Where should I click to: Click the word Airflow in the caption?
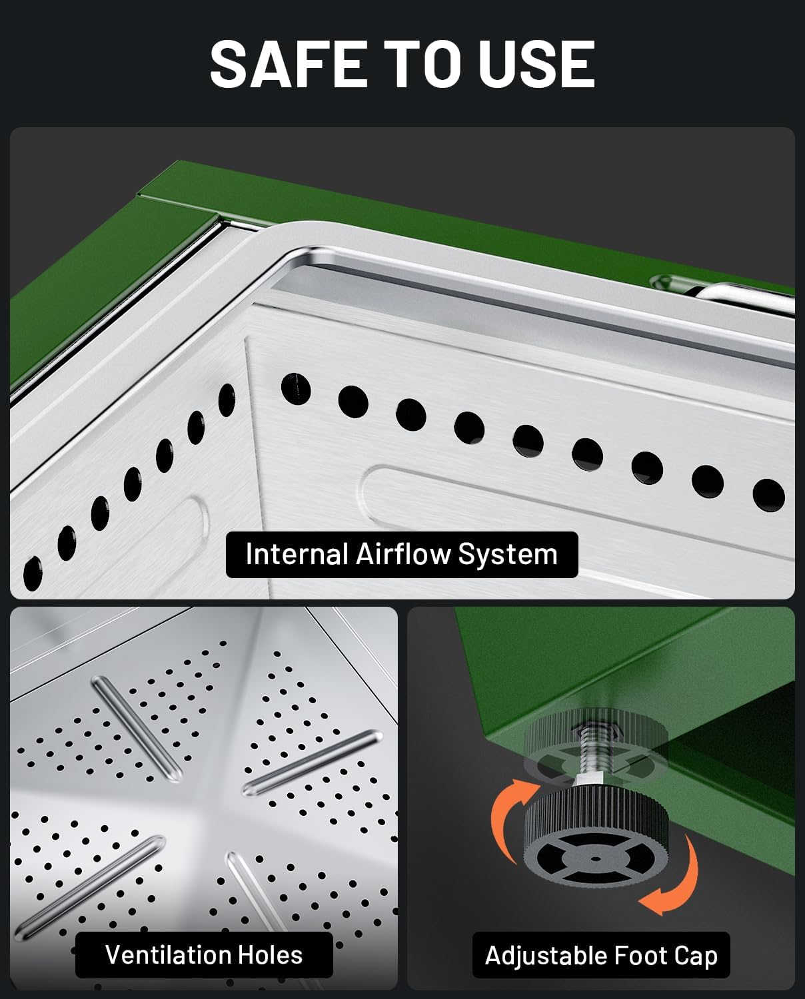(403, 554)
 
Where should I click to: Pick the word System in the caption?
(508, 555)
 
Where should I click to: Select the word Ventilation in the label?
(168, 955)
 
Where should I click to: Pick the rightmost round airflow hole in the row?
(768, 496)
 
